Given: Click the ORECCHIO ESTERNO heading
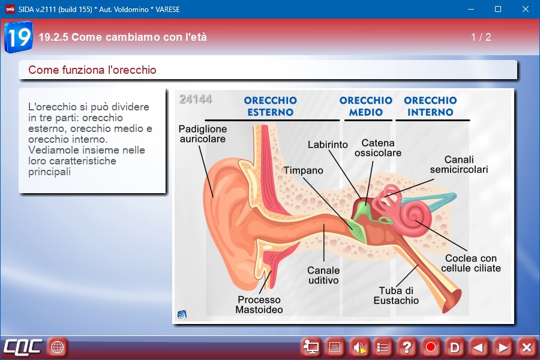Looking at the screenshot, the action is [271, 106].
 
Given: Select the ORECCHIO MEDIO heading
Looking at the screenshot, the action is [366, 106].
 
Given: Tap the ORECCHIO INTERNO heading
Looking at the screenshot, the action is [430, 106].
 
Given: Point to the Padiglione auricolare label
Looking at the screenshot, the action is [203, 134].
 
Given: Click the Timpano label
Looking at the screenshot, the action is [304, 170].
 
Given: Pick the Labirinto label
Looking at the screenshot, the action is [328, 145].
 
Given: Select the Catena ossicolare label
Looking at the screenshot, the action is [378, 148].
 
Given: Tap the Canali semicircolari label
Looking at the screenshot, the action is [459, 164].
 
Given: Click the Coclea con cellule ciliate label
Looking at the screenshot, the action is [471, 263].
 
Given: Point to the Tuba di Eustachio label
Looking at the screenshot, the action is [396, 295].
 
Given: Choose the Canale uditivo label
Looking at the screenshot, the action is [323, 275].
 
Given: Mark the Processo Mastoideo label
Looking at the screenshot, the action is [259, 305].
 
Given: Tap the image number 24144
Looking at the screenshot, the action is [195, 99].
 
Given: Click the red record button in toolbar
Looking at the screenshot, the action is [430, 347].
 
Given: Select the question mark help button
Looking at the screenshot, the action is [407, 347].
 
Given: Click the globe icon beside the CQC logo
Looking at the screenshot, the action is [57, 347].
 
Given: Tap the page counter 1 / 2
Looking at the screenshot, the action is [481, 37].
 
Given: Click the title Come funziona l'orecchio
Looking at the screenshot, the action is [92, 70].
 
